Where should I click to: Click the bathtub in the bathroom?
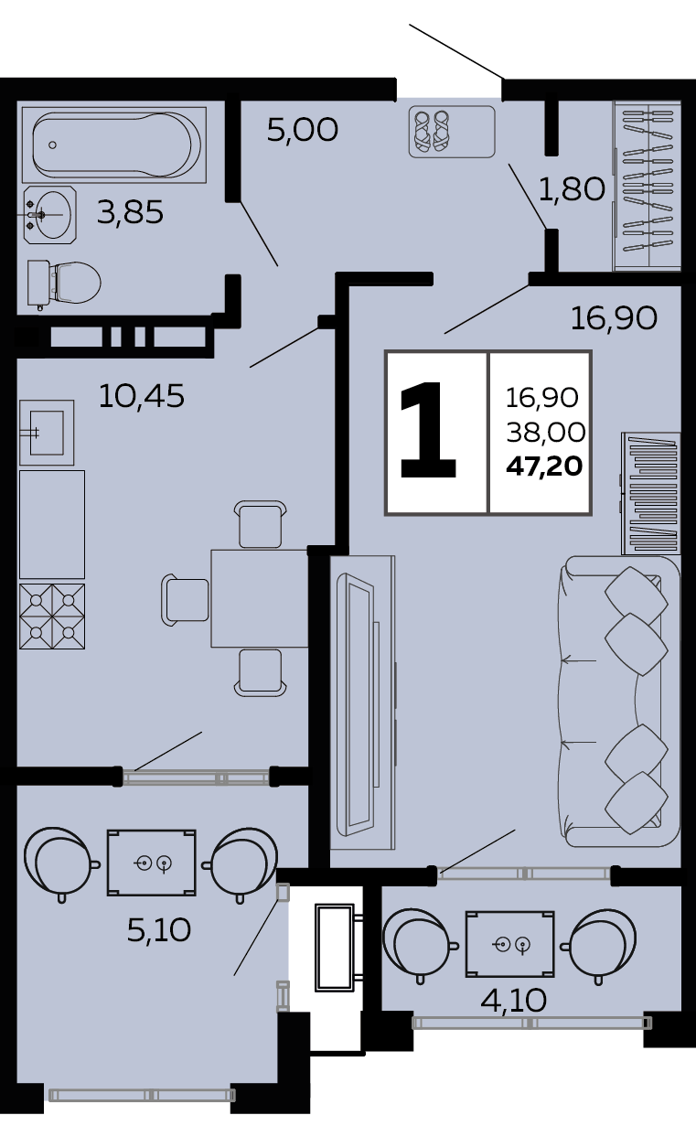tap(114, 145)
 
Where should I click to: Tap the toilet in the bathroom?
tap(64, 284)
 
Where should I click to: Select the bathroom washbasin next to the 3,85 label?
tap(49, 215)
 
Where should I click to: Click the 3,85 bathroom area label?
tap(130, 212)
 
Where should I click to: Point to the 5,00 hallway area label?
tap(302, 130)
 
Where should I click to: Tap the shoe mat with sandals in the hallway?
tap(452, 132)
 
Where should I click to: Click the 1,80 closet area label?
tap(572, 189)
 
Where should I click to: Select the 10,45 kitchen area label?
tap(142, 395)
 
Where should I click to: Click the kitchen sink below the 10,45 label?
tap(47, 433)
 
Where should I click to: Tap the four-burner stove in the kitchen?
tap(52, 617)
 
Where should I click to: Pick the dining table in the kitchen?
tap(260, 598)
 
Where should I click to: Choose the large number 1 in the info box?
tap(428, 430)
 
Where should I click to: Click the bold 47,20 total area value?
tap(544, 466)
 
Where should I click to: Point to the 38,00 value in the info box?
tap(545, 432)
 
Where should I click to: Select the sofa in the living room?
tap(619, 702)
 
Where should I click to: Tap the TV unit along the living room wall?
tap(362, 702)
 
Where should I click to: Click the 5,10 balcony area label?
tap(159, 930)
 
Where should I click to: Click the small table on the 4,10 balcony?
tap(510, 945)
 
